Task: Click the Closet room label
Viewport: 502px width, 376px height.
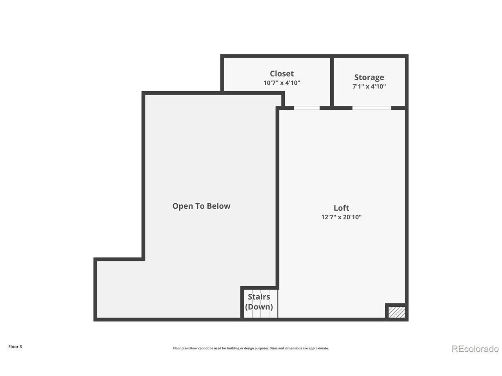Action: click(282, 74)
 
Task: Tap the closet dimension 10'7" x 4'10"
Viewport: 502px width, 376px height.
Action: click(282, 83)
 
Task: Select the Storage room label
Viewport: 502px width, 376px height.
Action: click(369, 78)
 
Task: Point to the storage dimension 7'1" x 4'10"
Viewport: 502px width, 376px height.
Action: click(369, 86)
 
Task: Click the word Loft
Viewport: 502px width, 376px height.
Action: click(341, 208)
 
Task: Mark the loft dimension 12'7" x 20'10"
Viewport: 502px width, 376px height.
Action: click(341, 217)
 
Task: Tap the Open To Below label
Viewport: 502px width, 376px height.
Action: click(201, 206)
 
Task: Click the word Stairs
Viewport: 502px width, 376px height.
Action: click(259, 296)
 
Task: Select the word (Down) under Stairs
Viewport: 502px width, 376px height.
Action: click(259, 307)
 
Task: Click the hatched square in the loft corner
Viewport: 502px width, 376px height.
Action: click(397, 312)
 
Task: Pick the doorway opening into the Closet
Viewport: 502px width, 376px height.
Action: click(306, 108)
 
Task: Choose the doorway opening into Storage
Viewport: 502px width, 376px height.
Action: click(372, 108)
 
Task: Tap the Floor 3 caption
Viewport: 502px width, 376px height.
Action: click(15, 347)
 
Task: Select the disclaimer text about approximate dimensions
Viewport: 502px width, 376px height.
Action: click(251, 348)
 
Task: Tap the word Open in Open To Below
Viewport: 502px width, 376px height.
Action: click(181, 206)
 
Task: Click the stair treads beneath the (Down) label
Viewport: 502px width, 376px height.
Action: click(261, 314)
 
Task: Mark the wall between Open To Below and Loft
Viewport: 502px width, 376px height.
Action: click(277, 198)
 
